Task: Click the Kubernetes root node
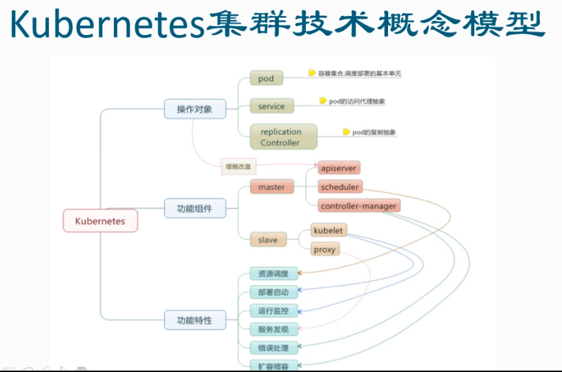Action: point(100,221)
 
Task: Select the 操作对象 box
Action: point(195,109)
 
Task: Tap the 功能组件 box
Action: point(195,208)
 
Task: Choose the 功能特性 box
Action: point(195,320)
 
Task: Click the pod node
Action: point(267,79)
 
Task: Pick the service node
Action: point(271,106)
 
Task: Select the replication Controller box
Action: point(280,137)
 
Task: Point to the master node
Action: point(271,187)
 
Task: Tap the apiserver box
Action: point(339,168)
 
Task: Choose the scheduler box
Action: point(340,187)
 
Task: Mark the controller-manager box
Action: point(359,206)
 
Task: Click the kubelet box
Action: point(329,231)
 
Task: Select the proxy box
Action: point(324,249)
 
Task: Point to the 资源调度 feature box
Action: point(273,273)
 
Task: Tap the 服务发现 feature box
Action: point(273,329)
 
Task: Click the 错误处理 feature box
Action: point(273,348)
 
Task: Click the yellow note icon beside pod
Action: point(312,72)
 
